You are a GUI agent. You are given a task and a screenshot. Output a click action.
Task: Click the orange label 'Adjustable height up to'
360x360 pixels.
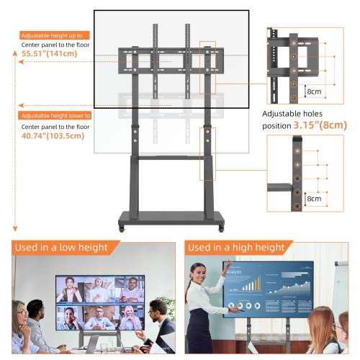54,35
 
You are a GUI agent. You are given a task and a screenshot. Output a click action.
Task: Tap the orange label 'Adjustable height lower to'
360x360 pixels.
55,115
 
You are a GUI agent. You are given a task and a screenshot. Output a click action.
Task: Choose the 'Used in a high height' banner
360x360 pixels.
236,248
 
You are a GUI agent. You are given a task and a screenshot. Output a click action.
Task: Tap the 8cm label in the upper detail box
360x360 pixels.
314,92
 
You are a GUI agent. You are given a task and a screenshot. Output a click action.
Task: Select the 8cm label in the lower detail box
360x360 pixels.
314,198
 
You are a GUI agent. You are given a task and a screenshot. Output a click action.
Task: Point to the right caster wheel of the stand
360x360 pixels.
217,230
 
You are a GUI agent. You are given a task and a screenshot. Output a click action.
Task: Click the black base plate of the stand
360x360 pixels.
169,217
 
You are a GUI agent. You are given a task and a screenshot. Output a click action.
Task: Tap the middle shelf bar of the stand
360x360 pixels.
170,156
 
